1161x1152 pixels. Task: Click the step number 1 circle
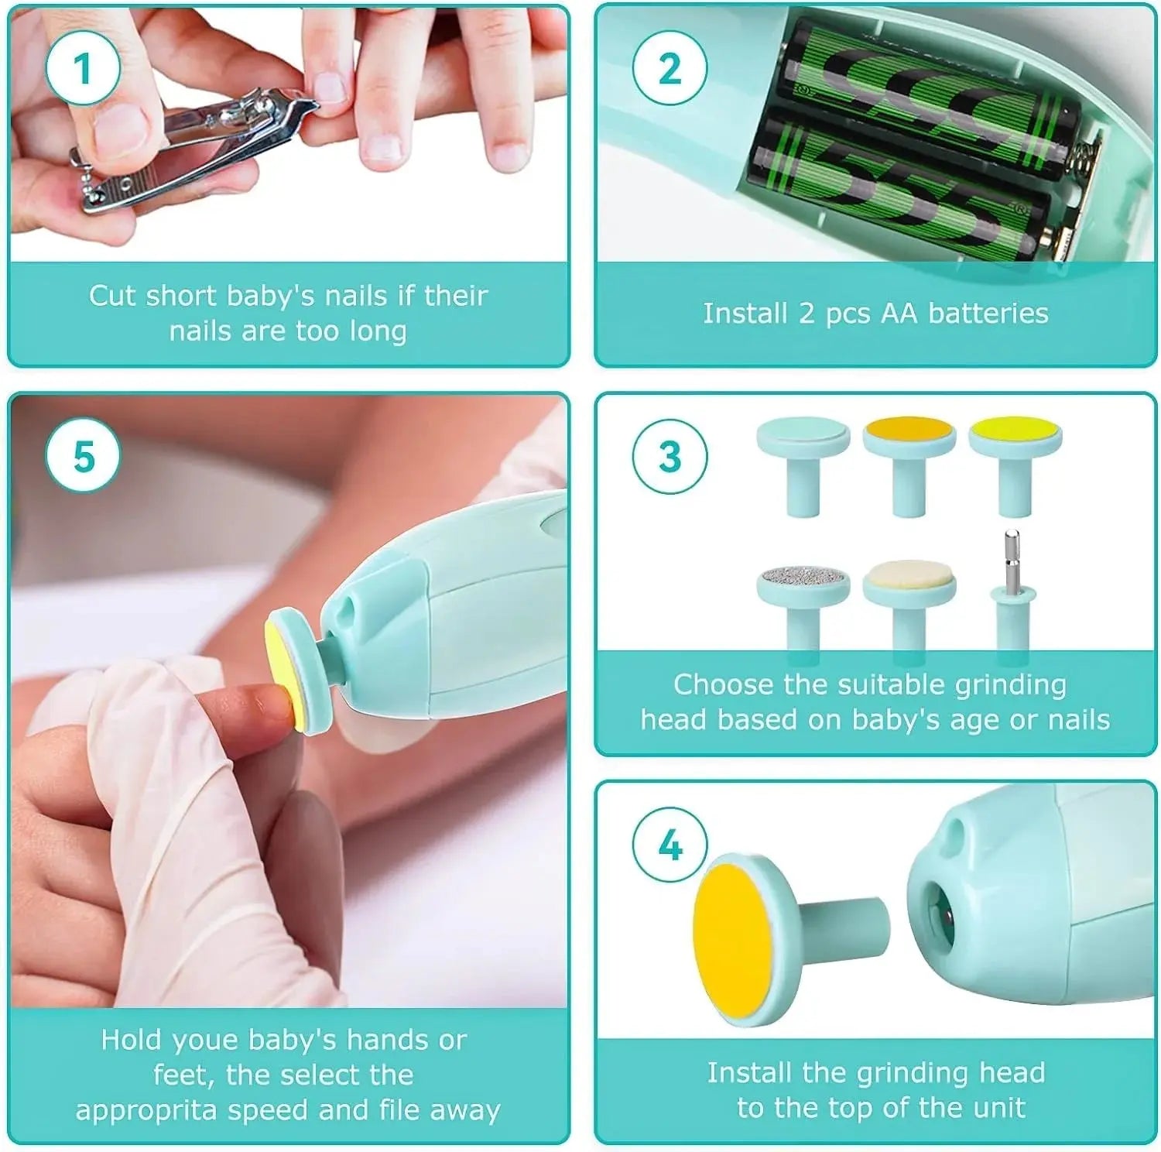pyautogui.click(x=83, y=68)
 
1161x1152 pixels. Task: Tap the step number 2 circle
pyautogui.click(x=670, y=68)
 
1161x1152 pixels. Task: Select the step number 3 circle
pyautogui.click(x=670, y=457)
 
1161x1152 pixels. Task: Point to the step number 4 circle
pyautogui.click(x=670, y=844)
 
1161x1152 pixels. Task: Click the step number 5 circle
pyautogui.click(x=83, y=457)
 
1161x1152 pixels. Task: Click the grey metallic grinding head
pyautogui.click(x=803, y=578)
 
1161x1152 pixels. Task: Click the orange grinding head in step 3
pyautogui.click(x=909, y=430)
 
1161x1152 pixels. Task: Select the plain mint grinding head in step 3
pyautogui.click(x=803, y=430)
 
